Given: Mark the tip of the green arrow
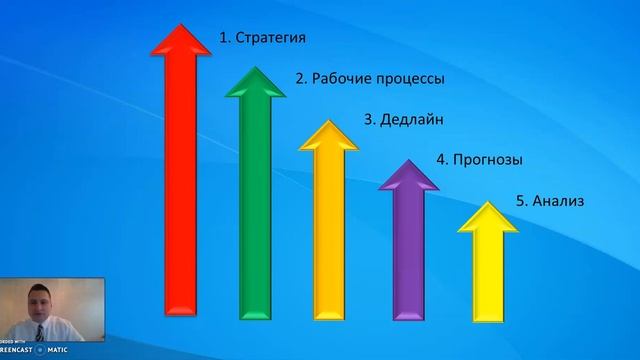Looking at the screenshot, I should [x=256, y=68].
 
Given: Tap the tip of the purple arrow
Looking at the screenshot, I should [x=409, y=160].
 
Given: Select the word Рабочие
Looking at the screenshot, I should [x=340, y=78].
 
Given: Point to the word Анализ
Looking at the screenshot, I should [x=558, y=201].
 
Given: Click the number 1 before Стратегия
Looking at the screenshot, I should [x=223, y=38].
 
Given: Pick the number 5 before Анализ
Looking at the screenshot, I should [x=520, y=201].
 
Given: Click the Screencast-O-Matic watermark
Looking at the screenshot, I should [x=30, y=350].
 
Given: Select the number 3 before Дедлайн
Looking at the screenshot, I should [x=367, y=120].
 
